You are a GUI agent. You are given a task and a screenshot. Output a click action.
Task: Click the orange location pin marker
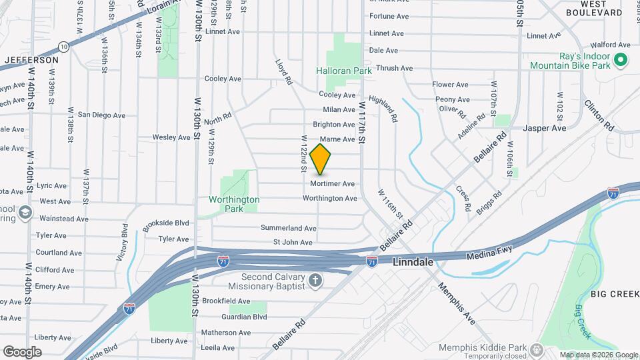(321, 159)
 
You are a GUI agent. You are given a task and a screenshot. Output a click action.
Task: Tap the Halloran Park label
(343, 70)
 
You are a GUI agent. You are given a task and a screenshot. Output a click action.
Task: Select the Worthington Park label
(234, 203)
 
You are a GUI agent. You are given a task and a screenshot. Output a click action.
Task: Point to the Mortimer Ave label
(332, 183)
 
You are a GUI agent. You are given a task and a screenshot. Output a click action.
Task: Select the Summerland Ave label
(288, 228)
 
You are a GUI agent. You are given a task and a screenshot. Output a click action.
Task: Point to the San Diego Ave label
(101, 115)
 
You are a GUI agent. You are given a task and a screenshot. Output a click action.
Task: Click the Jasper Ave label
(545, 127)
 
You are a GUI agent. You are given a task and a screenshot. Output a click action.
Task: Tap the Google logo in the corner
(22, 351)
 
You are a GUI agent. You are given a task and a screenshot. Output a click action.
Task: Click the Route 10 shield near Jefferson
(63, 46)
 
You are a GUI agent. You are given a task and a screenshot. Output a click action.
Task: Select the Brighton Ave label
(334, 125)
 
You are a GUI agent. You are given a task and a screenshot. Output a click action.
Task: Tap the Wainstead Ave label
(64, 219)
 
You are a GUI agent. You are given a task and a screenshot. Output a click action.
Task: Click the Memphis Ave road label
(457, 303)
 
